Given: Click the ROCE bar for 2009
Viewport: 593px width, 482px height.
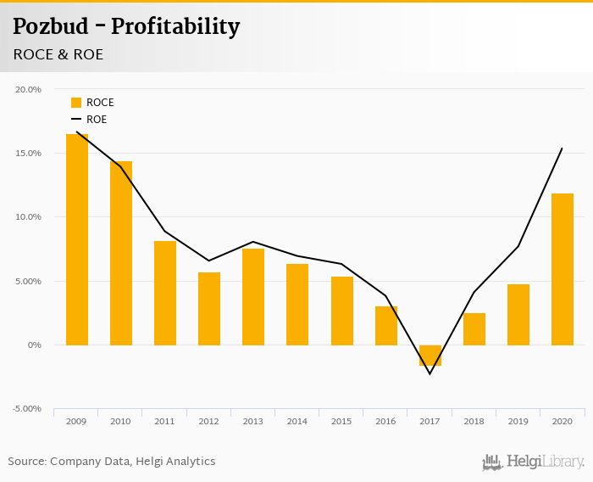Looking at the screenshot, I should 76,239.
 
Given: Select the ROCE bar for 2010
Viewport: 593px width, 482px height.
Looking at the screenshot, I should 121,253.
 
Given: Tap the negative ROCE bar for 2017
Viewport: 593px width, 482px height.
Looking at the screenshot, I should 430,356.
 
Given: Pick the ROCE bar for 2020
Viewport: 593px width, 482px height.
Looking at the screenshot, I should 563,269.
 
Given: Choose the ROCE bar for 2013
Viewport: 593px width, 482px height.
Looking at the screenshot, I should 253,297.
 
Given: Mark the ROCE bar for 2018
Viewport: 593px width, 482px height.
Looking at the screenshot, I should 474,329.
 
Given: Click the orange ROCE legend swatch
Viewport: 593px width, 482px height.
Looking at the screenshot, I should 76,103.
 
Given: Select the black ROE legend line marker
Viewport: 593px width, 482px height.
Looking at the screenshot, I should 76,120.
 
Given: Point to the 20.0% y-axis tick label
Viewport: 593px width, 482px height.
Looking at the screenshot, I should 29,89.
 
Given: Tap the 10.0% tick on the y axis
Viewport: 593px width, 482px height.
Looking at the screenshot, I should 29,217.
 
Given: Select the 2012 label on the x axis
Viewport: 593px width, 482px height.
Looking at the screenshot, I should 208,421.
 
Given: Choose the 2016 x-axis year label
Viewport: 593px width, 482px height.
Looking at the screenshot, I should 385,421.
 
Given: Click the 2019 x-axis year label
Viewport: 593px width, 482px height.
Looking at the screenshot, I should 518,421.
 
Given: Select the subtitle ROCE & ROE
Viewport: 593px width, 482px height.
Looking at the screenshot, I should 58,54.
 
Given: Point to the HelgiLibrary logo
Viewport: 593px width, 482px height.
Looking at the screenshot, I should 534,462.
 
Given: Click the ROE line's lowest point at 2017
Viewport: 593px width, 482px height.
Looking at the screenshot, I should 430,374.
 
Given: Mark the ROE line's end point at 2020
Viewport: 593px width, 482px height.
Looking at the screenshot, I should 563,149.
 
